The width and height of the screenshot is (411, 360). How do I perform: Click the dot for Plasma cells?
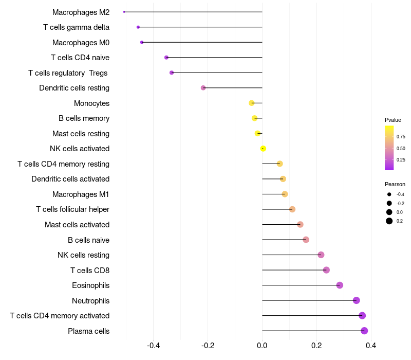[364, 331]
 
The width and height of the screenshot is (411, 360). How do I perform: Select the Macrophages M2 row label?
[81, 12]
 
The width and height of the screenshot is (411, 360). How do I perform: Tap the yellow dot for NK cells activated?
[263, 149]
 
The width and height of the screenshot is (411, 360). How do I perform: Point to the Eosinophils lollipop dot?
[340, 285]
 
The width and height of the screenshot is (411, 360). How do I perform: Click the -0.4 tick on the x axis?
[153, 345]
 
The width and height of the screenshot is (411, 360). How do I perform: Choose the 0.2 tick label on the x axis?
[316, 345]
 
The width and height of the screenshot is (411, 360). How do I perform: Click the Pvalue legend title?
[393, 120]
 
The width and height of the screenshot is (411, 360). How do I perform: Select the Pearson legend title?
[395, 184]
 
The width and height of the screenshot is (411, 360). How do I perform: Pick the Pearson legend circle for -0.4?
[389, 194]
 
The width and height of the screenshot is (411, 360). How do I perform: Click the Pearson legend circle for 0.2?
[389, 221]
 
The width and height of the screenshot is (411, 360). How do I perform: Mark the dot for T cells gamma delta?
[138, 27]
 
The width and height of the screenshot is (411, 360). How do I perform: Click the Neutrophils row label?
[90, 300]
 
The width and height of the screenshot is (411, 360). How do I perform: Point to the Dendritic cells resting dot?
[203, 88]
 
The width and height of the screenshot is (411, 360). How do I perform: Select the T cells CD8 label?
[90, 270]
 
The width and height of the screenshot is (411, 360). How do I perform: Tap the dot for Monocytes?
[252, 103]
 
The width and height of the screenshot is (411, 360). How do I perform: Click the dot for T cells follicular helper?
[292, 209]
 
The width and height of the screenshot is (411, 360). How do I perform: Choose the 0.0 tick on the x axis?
[262, 345]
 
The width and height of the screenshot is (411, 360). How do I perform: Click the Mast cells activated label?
[77, 225]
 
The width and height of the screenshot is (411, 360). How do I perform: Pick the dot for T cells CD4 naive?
[166, 58]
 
